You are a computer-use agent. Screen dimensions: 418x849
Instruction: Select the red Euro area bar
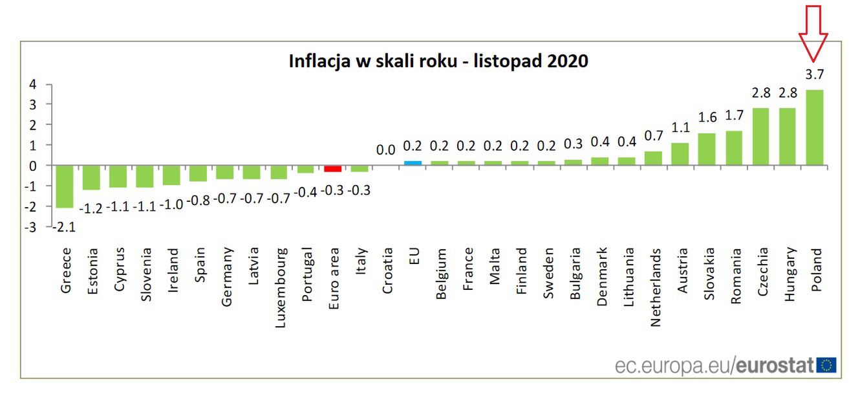click(x=333, y=169)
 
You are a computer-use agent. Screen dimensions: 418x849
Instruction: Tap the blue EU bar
click(x=413, y=163)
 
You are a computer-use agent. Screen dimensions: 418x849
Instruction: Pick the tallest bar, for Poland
click(x=815, y=127)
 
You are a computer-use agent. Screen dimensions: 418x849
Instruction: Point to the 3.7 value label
click(x=815, y=74)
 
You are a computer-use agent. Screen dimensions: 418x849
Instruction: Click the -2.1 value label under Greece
click(x=65, y=226)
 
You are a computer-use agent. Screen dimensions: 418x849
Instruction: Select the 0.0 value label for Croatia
click(x=386, y=150)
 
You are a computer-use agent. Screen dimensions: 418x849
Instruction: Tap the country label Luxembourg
click(x=280, y=288)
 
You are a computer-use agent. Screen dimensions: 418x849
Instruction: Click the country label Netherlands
click(x=656, y=288)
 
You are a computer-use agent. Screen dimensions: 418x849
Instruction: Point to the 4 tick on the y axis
click(x=31, y=84)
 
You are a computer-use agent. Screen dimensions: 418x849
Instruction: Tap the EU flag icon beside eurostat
click(x=826, y=365)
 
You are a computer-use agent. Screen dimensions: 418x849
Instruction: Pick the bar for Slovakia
click(x=707, y=149)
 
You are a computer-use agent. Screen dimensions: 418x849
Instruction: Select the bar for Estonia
click(x=91, y=178)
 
